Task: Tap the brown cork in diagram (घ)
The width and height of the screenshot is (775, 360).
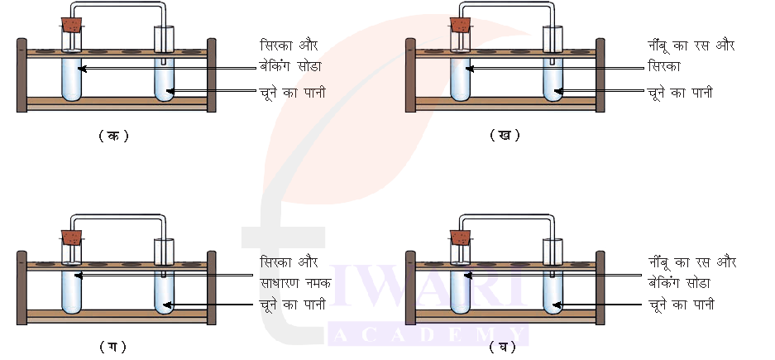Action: [461, 237]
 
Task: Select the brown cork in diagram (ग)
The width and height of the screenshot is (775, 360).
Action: [72, 237]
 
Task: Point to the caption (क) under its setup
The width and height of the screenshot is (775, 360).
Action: [112, 136]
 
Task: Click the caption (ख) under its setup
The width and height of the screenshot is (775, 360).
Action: [504, 135]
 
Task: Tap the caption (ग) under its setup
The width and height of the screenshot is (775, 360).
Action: [112, 346]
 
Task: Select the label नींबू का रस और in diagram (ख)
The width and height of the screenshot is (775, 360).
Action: [691, 45]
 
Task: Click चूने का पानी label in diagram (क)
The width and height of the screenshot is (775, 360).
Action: [292, 92]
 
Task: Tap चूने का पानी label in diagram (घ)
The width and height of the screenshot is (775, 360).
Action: [681, 305]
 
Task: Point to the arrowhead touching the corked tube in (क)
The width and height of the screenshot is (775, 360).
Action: [82, 69]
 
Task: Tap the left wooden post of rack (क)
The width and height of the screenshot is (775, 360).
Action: [22, 74]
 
